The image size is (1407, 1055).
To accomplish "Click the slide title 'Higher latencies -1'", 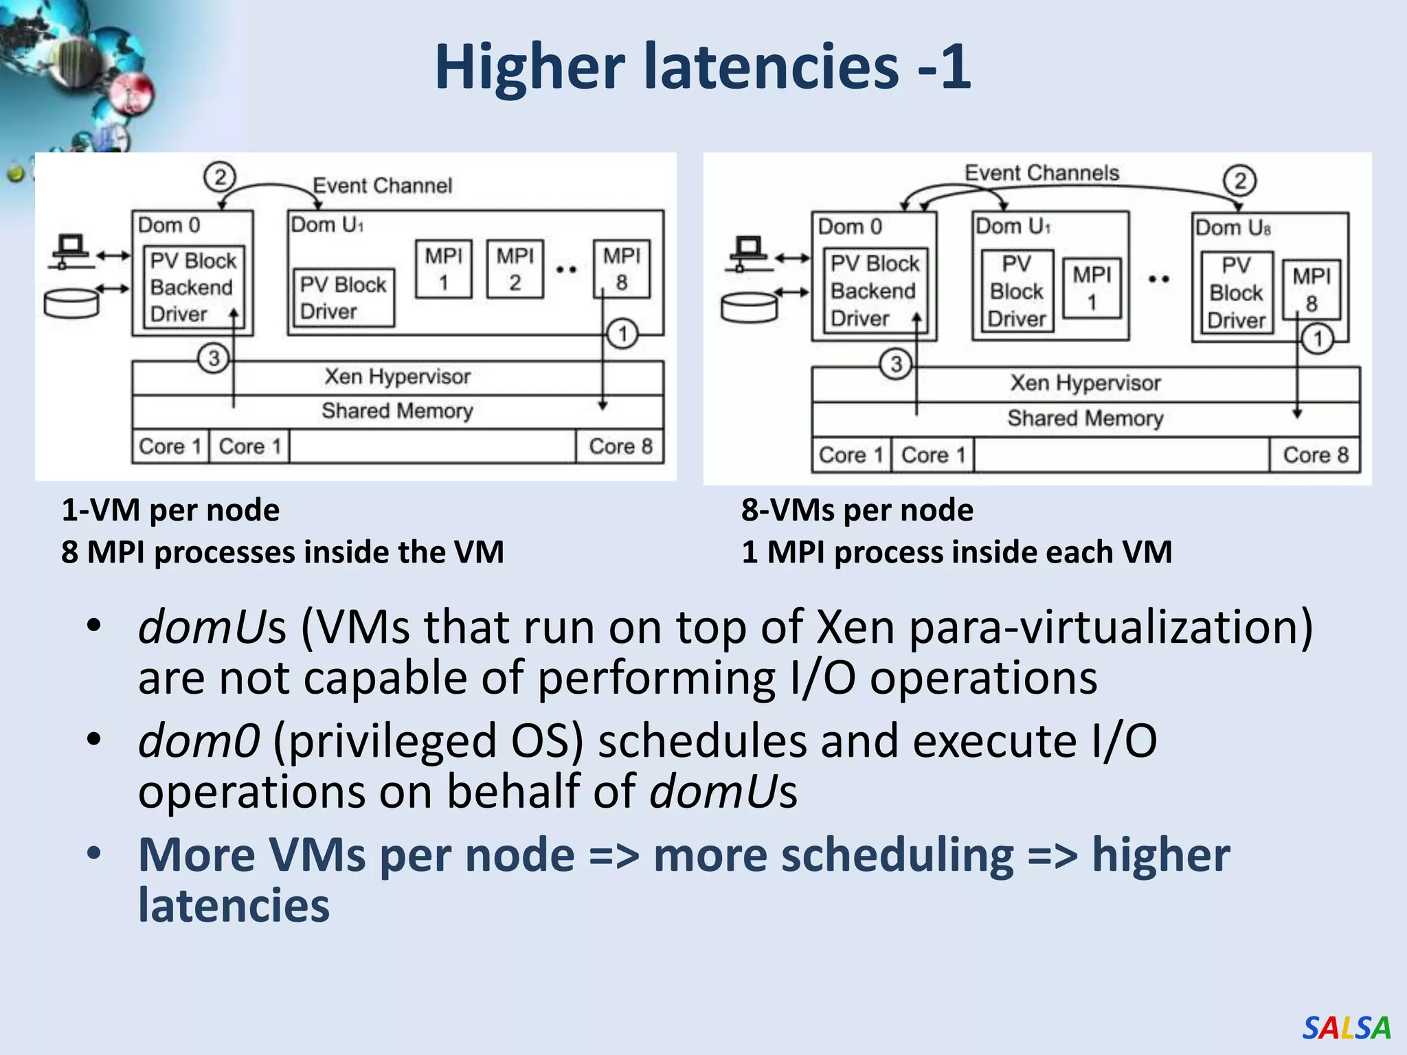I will (x=702, y=67).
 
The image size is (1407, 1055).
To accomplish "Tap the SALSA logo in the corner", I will (x=1346, y=1028).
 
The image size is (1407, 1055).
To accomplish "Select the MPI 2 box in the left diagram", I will (x=515, y=269).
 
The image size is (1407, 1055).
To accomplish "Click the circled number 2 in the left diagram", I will (x=220, y=177).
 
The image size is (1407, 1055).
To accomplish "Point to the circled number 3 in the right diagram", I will (x=896, y=364).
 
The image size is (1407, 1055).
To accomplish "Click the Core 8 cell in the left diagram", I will (x=620, y=446).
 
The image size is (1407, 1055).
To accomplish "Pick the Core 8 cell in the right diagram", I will (x=1315, y=455).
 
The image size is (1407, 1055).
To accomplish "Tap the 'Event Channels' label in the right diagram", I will (x=1042, y=173).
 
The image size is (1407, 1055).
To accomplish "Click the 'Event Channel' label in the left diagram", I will (x=382, y=185).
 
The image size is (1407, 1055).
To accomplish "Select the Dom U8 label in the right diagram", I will (x=1232, y=228).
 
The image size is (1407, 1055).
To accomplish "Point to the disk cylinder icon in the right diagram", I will (x=749, y=307).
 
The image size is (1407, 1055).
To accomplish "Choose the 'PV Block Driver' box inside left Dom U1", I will (x=343, y=298).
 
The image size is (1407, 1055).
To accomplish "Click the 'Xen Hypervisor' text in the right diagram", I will (x=1085, y=383).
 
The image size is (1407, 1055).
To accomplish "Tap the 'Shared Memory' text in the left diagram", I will (x=397, y=411).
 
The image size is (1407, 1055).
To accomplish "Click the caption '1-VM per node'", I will (x=170, y=510).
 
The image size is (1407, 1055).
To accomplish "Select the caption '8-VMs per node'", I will (x=857, y=510).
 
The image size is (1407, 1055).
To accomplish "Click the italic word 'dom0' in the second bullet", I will (x=199, y=741).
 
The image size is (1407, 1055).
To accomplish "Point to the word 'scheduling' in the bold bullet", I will (x=833, y=855).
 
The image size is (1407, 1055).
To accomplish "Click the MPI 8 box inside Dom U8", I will (x=1311, y=290).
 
